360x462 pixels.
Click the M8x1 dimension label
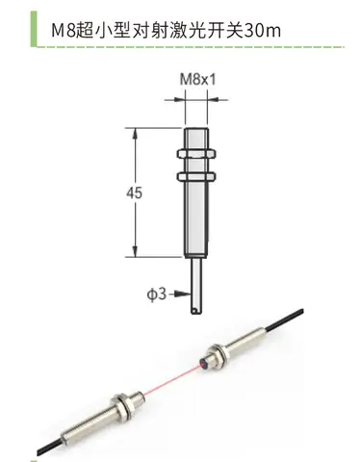pos(197,79)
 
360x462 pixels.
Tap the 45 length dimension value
pos(134,193)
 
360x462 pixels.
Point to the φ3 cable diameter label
pos(157,294)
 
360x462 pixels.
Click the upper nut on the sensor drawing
pos(196,154)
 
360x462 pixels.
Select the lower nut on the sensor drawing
pos(196,176)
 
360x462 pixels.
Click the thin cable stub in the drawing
pos(196,286)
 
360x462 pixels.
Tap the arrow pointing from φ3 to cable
pos(180,294)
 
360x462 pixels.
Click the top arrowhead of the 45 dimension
pos(136,134)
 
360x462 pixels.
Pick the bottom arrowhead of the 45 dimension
pos(136,251)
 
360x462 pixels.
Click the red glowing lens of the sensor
pos(204,364)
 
